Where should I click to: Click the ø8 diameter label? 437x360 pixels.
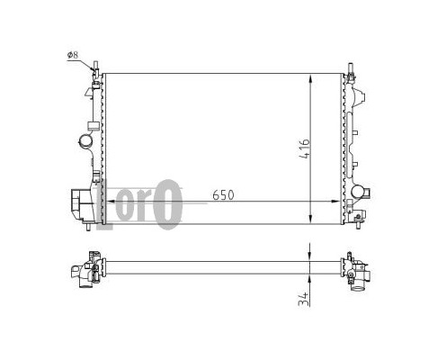click(x=73, y=55)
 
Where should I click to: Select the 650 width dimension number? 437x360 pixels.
click(x=223, y=195)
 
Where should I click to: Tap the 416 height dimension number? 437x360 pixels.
click(x=305, y=148)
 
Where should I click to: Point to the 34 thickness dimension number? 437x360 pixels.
click(x=304, y=299)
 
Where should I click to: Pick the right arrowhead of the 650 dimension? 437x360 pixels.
click(x=335, y=202)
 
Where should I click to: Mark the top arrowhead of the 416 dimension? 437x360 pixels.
click(x=311, y=78)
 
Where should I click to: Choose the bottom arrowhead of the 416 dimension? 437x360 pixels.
click(x=311, y=219)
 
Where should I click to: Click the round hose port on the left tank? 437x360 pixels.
click(x=85, y=140)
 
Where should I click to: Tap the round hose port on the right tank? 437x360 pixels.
click(x=358, y=191)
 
